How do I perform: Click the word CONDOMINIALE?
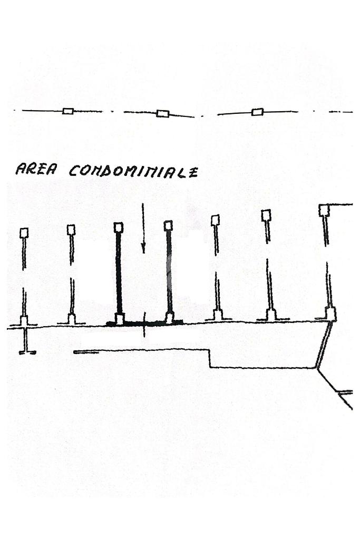[134, 171]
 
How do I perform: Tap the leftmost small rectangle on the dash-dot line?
[67, 111]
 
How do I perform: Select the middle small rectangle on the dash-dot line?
[163, 113]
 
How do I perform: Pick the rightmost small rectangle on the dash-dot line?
[257, 112]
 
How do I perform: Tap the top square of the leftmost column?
[24, 233]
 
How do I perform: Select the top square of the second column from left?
[71, 229]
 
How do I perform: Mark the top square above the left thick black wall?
[119, 227]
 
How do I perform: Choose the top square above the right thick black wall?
[168, 225]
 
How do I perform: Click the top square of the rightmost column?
[324, 210]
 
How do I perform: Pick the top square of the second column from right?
[266, 214]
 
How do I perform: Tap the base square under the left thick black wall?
[120, 319]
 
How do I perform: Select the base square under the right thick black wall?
[170, 317]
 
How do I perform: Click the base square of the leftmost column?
[24, 320]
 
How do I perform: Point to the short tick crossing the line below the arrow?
[144, 328]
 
